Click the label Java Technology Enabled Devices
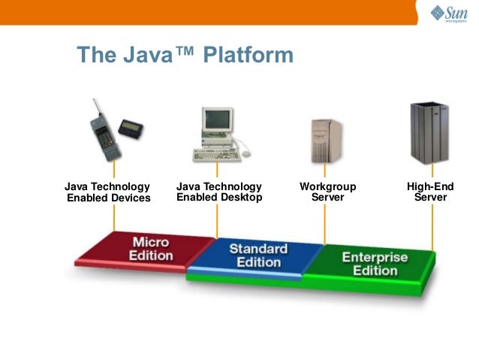click(108, 192)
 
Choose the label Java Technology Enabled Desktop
click(219, 192)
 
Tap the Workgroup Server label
click(327, 192)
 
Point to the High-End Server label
click(430, 192)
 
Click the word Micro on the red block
click(151, 243)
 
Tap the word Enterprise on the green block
click(375, 258)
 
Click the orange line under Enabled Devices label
click(114, 218)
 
